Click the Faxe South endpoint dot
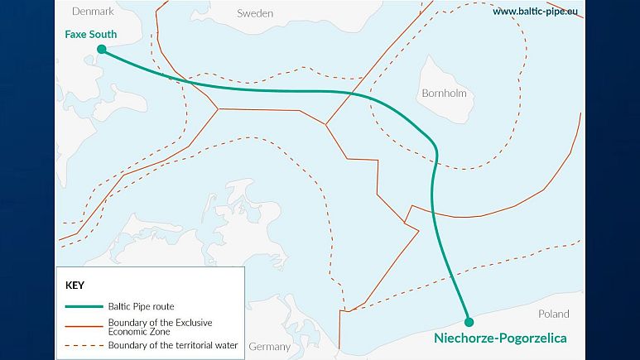click(x=101, y=49)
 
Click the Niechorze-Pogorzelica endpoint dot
click(x=469, y=322)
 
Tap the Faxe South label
click(x=90, y=35)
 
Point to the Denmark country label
click(x=93, y=12)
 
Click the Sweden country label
click(x=254, y=13)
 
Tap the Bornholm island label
click(x=443, y=94)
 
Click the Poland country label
click(x=553, y=314)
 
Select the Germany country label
click(x=269, y=347)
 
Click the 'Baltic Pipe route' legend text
click(x=142, y=306)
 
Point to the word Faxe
click(x=76, y=35)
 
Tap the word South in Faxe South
click(x=103, y=35)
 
